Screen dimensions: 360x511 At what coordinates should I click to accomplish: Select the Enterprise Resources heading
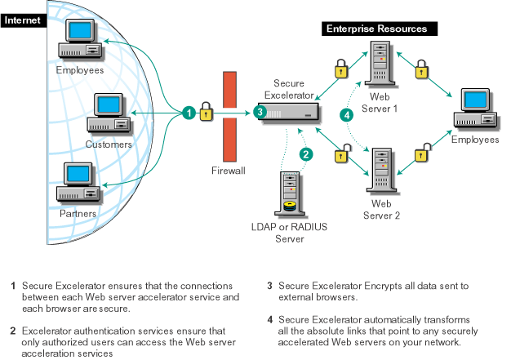[376, 28]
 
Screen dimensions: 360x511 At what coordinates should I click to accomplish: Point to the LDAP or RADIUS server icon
[290, 195]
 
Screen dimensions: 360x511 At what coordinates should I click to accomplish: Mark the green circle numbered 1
[189, 112]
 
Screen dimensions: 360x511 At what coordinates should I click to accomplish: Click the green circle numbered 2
[306, 153]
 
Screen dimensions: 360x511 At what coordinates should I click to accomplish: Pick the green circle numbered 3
[260, 112]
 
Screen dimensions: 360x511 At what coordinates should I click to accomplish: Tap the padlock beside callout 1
[207, 109]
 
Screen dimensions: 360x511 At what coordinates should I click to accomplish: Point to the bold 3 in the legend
[269, 287]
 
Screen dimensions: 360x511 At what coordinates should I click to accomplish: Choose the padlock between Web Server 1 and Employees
[424, 69]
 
